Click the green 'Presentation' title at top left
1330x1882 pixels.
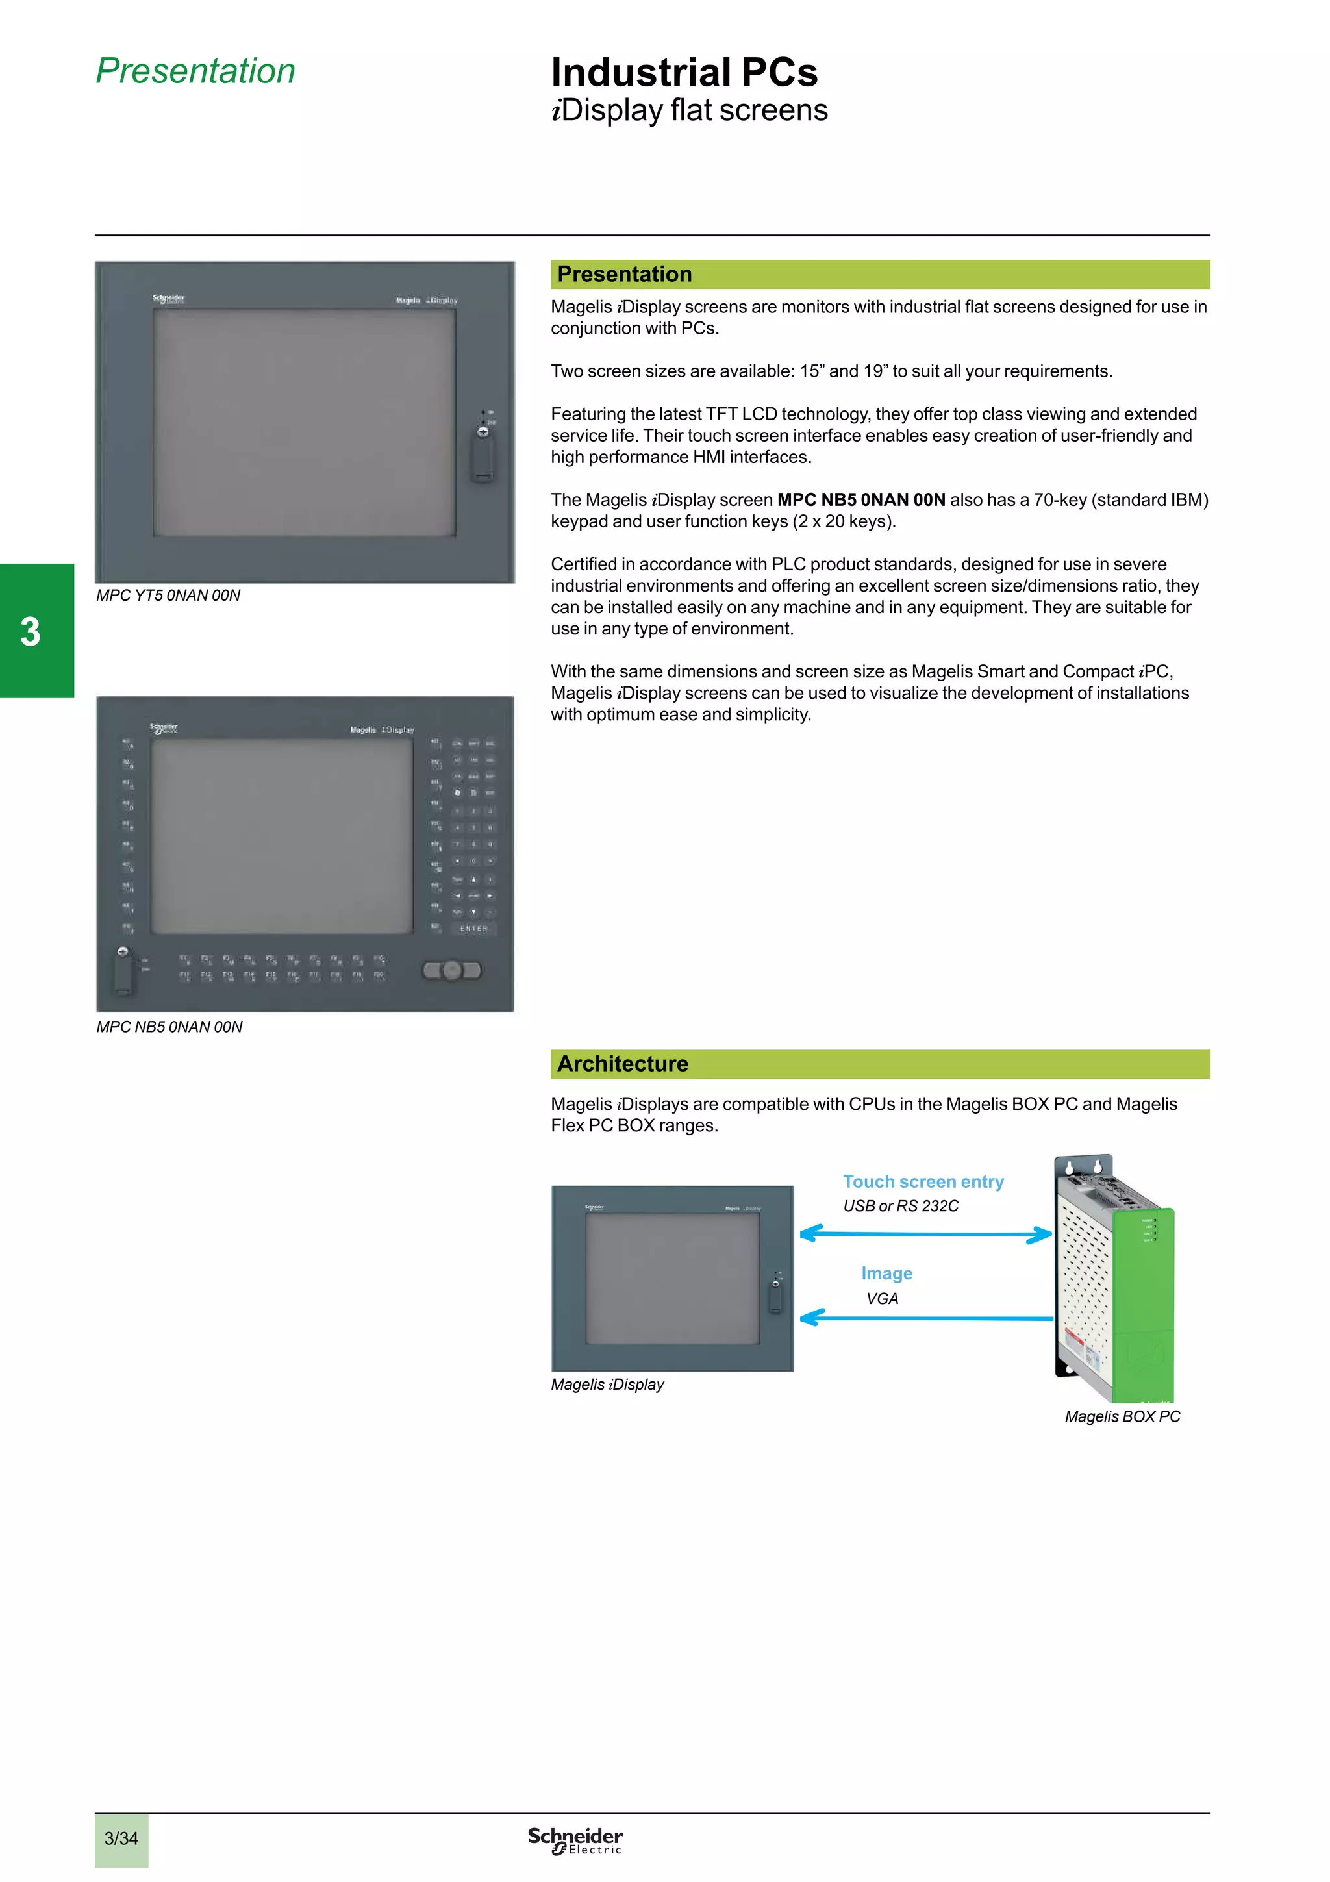pos(195,71)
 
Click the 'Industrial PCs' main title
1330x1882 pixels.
pos(683,72)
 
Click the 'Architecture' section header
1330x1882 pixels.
pos(622,1064)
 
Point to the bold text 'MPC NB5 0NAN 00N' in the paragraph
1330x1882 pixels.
pos(860,500)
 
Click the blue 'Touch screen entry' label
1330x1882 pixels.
pos(923,1181)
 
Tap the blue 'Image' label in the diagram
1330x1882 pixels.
pos(886,1273)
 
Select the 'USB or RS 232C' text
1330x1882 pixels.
pos(900,1206)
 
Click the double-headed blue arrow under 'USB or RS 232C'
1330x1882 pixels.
pos(925,1235)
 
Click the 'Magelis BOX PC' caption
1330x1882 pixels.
pos(1121,1416)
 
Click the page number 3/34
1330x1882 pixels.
pos(121,1838)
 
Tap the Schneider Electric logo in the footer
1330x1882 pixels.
pos(575,1840)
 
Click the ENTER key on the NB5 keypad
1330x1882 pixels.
pos(473,929)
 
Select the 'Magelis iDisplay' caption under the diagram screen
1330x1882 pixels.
pos(607,1385)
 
